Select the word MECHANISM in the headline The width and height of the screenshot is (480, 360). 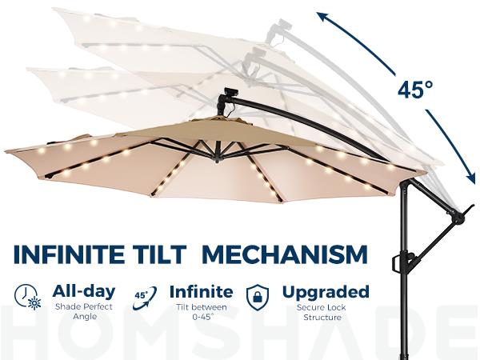coord(286,255)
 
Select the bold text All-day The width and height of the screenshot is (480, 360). coord(83,291)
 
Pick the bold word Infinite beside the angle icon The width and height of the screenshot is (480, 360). coord(202,291)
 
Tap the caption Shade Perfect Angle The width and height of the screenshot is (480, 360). coord(83,312)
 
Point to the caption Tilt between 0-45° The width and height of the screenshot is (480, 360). coord(202,312)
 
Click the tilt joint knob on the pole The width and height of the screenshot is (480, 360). coord(458,217)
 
